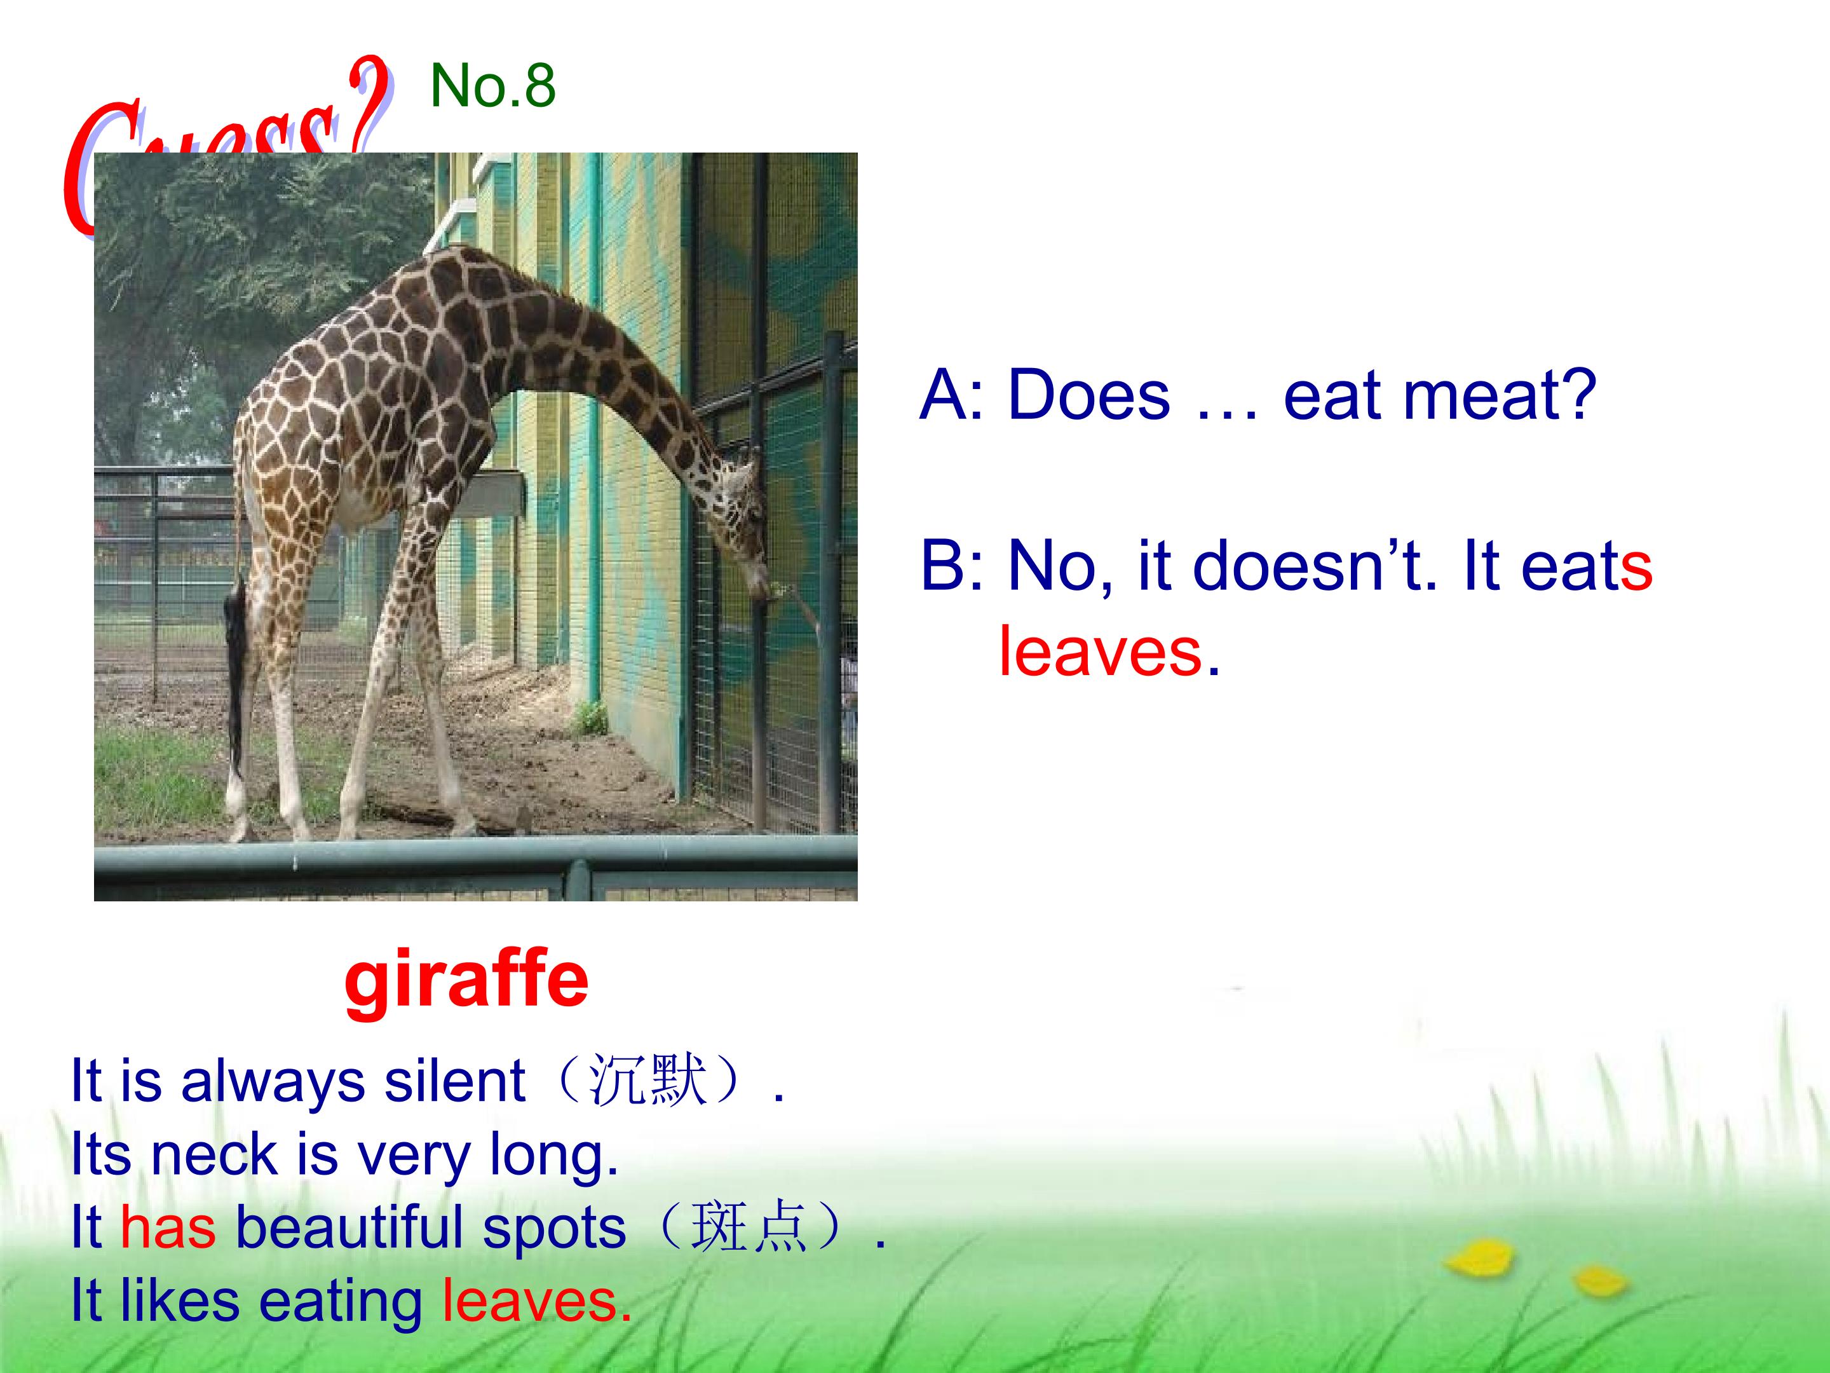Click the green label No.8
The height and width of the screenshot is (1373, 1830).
coord(492,85)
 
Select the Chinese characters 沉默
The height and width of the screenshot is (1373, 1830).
coord(647,1081)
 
